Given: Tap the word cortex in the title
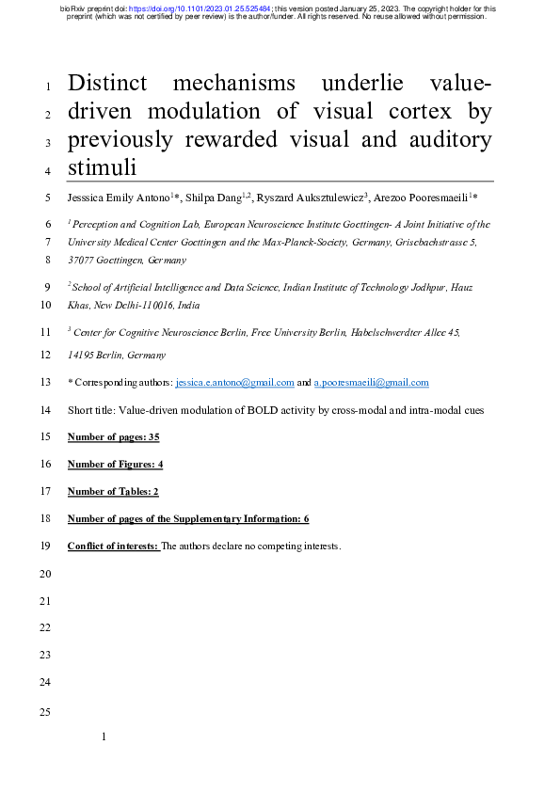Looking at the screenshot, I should pos(409,113).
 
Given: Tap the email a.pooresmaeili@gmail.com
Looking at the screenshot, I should pos(370,383).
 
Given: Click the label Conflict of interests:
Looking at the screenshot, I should pos(114,546).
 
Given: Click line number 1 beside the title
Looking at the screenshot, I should pos(47,87).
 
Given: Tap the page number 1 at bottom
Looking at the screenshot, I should pos(104,739).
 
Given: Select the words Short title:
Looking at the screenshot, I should pos(91,410).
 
